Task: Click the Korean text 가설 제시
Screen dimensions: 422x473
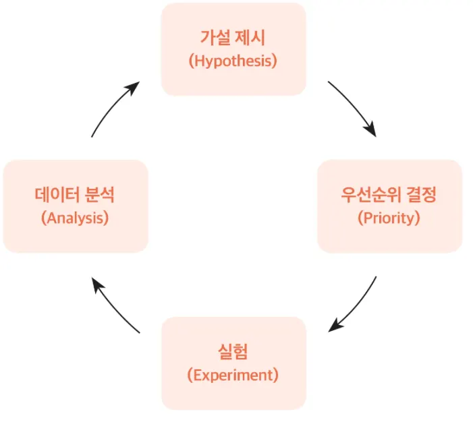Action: click(233, 38)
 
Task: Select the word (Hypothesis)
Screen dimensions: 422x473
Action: click(233, 61)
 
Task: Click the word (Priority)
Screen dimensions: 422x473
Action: click(389, 218)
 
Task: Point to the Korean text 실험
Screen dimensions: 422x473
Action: click(233, 351)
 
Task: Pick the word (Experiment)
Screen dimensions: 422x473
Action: click(233, 375)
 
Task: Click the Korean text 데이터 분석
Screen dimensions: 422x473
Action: click(75, 195)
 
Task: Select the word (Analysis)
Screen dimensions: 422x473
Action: click(75, 218)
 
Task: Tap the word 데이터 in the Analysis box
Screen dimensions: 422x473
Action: click(56, 195)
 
